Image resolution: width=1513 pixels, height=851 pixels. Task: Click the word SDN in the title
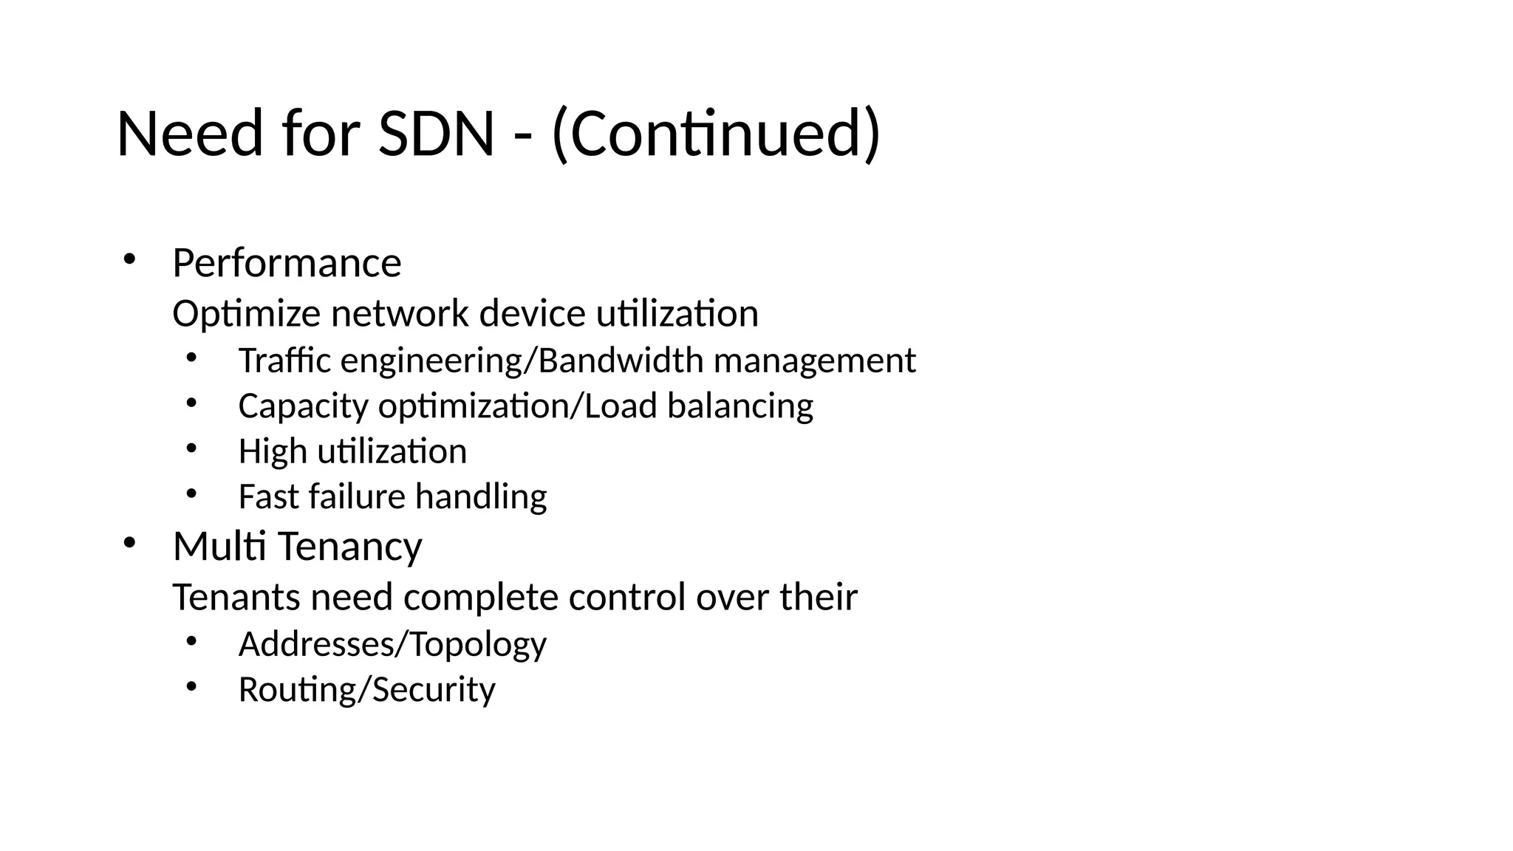tap(436, 134)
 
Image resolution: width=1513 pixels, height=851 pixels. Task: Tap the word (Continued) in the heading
tap(716, 134)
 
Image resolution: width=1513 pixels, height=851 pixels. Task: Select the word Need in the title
tap(190, 134)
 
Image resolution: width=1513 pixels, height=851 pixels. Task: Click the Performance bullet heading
tap(287, 263)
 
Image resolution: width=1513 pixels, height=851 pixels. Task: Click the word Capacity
tap(303, 406)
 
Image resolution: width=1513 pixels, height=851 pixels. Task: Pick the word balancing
tap(740, 406)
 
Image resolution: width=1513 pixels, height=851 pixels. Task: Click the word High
tap(273, 451)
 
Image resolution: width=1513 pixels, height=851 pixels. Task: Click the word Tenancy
tap(350, 547)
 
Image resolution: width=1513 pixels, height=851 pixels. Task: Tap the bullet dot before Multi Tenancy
tap(129, 543)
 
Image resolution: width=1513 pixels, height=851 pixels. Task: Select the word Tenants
tap(236, 597)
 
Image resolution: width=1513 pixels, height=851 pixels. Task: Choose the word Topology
tap(478, 645)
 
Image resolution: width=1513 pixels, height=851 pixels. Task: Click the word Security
tap(434, 690)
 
